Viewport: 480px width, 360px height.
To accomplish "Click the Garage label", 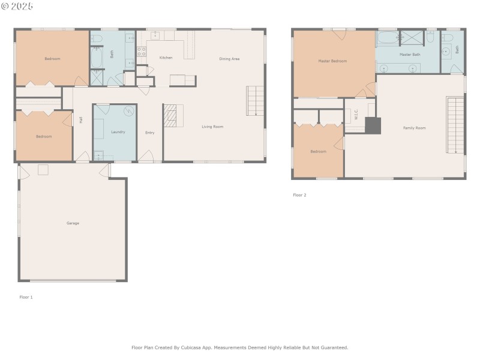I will [73, 223].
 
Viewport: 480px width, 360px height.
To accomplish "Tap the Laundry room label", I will [118, 131].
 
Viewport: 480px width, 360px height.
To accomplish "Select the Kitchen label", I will [166, 58].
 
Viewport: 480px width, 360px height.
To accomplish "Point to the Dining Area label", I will [229, 59].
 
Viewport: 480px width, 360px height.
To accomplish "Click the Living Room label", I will [212, 127].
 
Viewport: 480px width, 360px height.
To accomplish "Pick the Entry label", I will [150, 132].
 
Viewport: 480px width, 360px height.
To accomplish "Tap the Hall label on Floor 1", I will [81, 120].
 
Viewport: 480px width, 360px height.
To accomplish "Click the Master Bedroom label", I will [332, 61].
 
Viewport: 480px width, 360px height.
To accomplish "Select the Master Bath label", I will [410, 55].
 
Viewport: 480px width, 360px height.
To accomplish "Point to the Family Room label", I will [414, 128].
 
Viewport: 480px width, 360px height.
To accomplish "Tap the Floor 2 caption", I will [299, 195].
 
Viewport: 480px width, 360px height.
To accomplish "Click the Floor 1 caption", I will [26, 297].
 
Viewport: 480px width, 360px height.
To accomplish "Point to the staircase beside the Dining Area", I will [255, 100].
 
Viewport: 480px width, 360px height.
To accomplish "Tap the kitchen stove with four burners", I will [142, 52].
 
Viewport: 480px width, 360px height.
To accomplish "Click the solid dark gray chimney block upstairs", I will [373, 125].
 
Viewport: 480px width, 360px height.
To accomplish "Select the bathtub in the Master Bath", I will [387, 38].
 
